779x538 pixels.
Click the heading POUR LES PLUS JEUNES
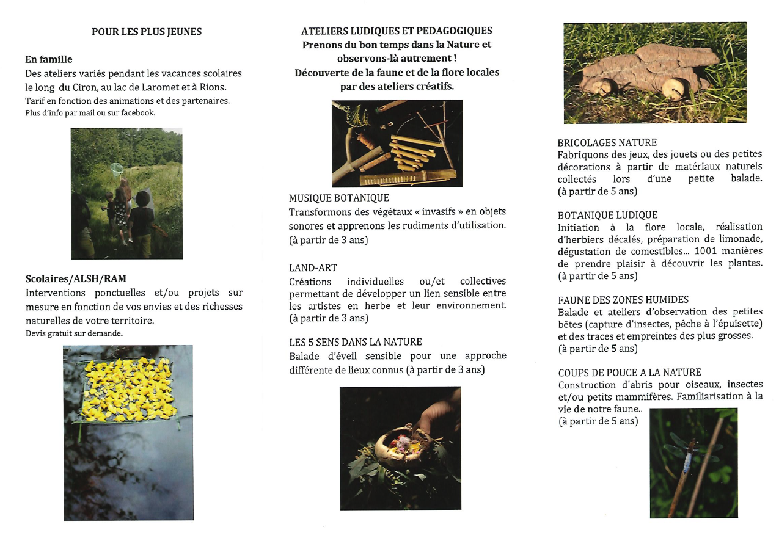pos(147,31)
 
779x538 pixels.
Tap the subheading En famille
pos(49,59)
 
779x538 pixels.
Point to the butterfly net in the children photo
pos(117,168)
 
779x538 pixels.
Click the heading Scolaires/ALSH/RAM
pos(76,279)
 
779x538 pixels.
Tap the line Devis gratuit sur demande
pos(74,333)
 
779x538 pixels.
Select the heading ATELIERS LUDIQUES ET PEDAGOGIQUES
pos(397,31)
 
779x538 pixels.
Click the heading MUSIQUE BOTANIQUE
pos(338,198)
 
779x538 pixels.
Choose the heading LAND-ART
pos(313,267)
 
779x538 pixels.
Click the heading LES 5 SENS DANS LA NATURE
pos(355,342)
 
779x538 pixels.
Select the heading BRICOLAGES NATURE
pos(607,142)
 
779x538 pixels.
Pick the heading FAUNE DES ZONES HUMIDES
pos(623,300)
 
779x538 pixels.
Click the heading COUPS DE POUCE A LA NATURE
pos(629,373)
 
